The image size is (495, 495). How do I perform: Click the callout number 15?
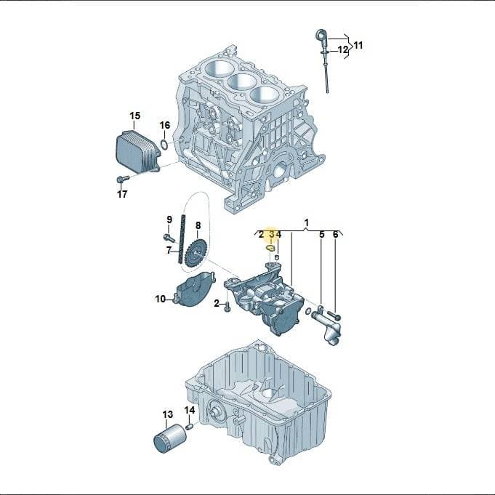(134, 116)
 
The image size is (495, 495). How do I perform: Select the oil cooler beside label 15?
(137, 152)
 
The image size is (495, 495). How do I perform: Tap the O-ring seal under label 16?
(164, 145)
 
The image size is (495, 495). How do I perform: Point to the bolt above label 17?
(123, 179)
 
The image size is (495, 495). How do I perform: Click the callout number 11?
(358, 46)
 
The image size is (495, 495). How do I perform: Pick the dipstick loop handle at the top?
(321, 35)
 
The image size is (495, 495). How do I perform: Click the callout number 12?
(343, 49)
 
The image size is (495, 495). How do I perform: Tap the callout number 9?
(169, 220)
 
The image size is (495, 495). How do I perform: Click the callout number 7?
(169, 251)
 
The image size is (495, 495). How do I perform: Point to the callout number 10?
(161, 299)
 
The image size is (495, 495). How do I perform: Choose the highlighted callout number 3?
(272, 234)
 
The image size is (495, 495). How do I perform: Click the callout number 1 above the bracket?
(306, 222)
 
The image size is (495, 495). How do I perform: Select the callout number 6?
(335, 235)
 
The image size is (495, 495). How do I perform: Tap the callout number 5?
(322, 235)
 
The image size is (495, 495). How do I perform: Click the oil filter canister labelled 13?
(169, 439)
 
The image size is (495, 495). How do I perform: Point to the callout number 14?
(190, 410)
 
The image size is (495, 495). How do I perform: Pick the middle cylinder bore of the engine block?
(242, 82)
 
